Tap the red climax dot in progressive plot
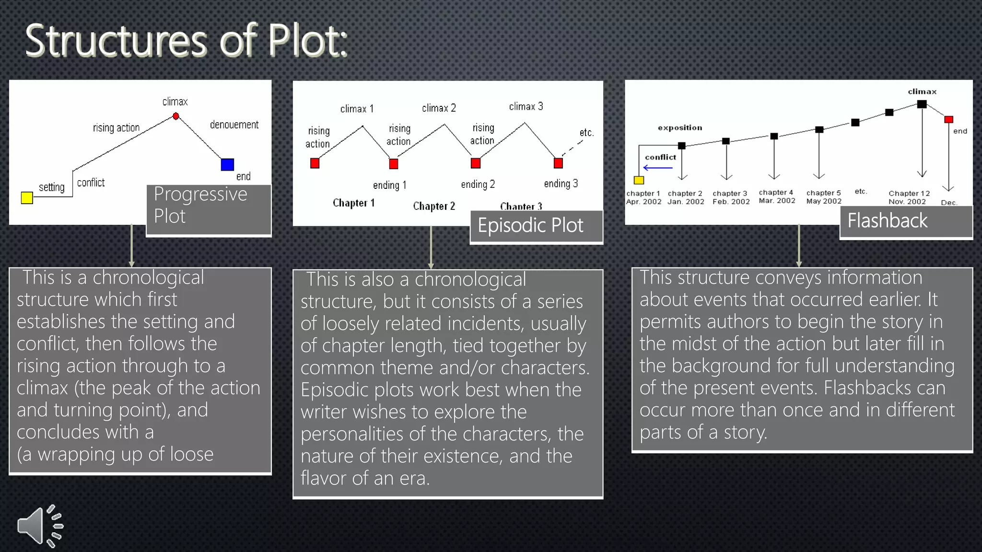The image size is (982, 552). (176, 116)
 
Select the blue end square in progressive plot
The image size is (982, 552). (227, 164)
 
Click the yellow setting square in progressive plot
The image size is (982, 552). (27, 197)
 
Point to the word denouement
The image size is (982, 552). (234, 125)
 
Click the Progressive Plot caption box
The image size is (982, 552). (209, 210)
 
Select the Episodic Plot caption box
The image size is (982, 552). (536, 226)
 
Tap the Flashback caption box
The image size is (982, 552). (906, 221)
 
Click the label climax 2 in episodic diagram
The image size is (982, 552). (439, 108)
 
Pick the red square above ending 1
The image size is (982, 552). (394, 164)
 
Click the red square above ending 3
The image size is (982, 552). (558, 163)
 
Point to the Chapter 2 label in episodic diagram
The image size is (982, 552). (434, 206)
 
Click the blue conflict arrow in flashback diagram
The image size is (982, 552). (658, 168)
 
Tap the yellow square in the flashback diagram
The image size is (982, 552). (639, 180)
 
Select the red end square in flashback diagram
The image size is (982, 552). (948, 119)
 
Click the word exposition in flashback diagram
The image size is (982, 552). (680, 127)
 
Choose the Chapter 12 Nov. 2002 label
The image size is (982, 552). (909, 197)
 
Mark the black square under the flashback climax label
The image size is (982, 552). (922, 104)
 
